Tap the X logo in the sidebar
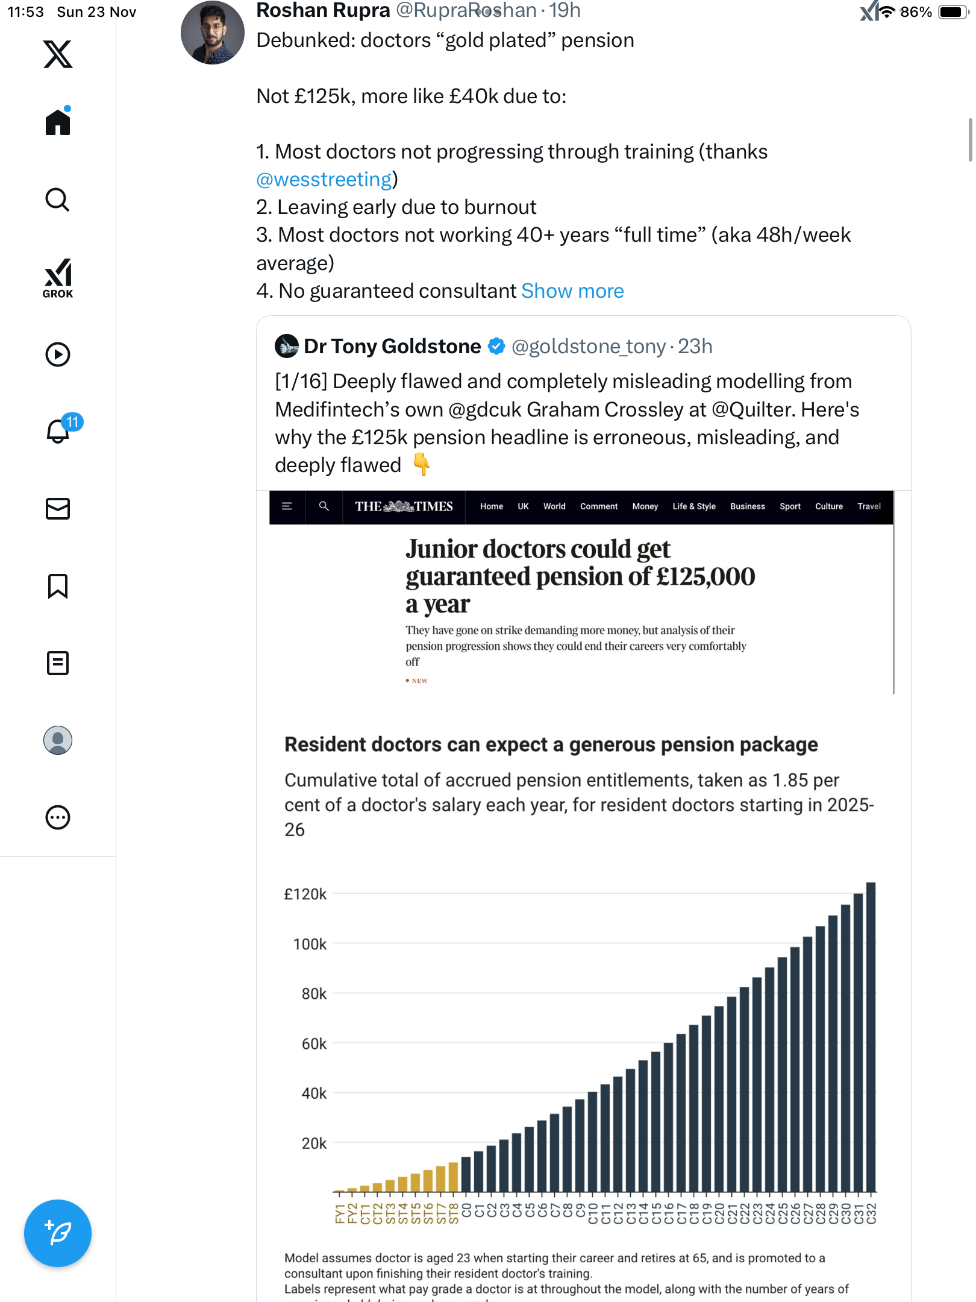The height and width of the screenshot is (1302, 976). point(58,54)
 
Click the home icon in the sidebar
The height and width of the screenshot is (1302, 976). point(58,122)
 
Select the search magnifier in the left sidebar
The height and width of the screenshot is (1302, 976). point(58,200)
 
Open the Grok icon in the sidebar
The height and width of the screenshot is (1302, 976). point(58,278)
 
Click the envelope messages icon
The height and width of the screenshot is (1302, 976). point(58,508)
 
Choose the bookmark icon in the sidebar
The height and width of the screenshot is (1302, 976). point(58,586)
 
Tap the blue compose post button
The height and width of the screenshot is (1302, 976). point(58,1233)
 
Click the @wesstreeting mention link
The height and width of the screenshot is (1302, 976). point(324,180)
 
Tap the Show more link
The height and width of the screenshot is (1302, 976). point(572,291)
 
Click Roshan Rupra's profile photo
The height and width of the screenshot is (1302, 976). point(213,33)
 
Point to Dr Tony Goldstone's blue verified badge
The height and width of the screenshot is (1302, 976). point(496,347)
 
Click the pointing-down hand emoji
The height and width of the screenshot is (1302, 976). point(422,465)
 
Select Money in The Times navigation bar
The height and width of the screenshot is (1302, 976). point(645,506)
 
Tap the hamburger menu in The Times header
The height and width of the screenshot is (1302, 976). point(287,506)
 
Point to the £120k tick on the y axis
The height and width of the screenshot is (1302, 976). point(305,894)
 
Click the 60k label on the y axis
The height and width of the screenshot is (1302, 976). point(314,1043)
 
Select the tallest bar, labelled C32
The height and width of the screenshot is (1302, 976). point(871,1037)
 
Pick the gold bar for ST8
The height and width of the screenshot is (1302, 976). point(453,1177)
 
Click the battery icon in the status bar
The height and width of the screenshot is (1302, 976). point(952,12)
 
